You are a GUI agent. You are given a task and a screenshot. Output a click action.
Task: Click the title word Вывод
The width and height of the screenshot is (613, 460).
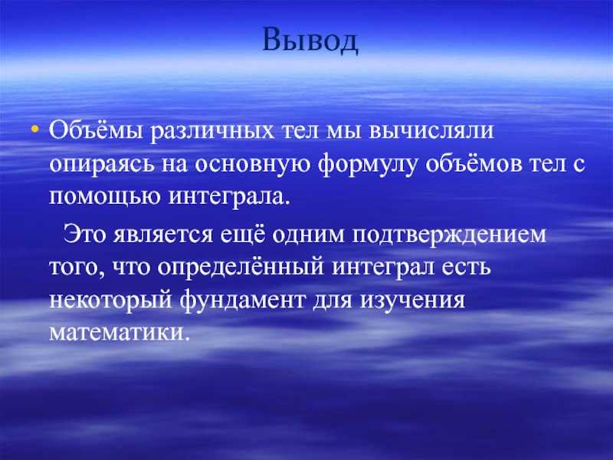(x=310, y=40)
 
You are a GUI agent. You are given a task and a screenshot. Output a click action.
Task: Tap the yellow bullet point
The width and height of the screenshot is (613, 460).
(x=35, y=128)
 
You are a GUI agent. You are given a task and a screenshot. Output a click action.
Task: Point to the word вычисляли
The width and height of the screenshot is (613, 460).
(x=431, y=131)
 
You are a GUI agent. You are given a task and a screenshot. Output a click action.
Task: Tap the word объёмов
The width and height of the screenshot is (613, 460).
(x=474, y=163)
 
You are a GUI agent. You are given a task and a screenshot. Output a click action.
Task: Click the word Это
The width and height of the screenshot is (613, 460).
(x=84, y=235)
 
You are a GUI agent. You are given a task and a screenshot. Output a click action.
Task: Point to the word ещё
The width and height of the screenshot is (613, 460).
(x=242, y=234)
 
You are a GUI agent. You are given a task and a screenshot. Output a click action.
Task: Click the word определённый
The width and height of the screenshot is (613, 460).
(x=241, y=268)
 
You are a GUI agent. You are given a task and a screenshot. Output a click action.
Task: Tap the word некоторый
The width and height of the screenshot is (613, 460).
(x=110, y=301)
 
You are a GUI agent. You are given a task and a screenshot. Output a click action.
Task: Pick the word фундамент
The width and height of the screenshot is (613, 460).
(x=242, y=301)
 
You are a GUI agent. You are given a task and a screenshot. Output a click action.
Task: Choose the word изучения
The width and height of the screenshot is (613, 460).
(x=413, y=301)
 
